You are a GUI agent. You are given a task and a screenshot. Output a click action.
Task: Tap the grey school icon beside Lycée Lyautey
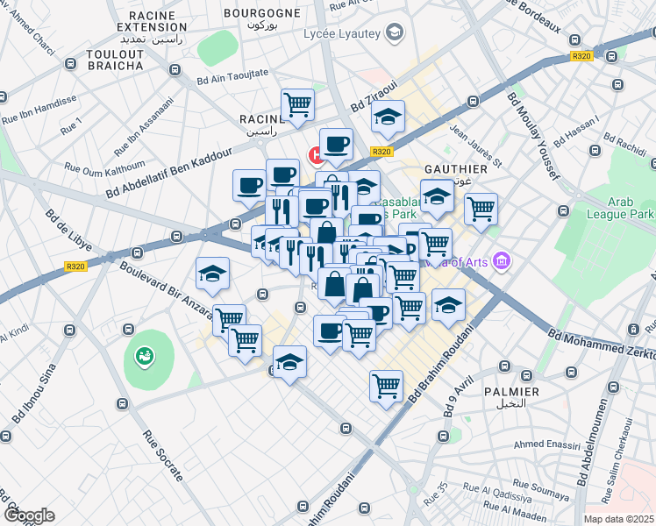(396, 32)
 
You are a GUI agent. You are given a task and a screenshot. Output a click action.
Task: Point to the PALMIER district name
(510, 391)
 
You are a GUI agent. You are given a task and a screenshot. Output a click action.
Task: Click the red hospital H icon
(315, 155)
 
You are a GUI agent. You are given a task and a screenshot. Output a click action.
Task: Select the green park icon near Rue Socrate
(142, 357)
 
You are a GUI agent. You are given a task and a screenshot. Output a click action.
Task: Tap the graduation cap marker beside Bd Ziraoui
(387, 117)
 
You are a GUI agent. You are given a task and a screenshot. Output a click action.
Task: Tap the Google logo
(29, 515)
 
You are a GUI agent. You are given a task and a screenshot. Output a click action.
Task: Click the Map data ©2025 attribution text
(618, 519)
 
